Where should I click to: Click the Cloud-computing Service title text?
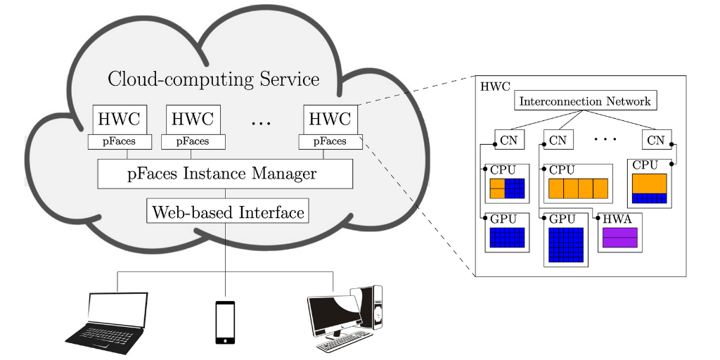coord(213,79)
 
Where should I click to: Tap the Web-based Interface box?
coord(228,211)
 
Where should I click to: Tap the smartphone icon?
coord(225,322)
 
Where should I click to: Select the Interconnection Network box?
coord(585,101)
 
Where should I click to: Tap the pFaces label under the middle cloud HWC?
coord(193,142)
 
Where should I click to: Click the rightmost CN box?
coord(655,140)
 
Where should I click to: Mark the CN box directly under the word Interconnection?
coord(558,140)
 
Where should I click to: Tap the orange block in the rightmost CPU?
coord(649,182)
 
